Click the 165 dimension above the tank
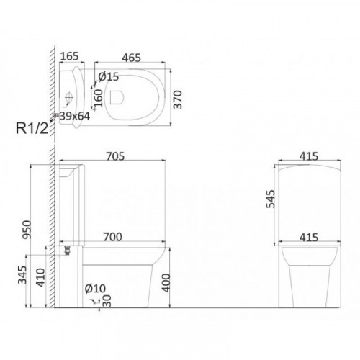[x=69, y=56]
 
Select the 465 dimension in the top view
[x=132, y=58]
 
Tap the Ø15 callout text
[x=109, y=76]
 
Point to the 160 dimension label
[x=99, y=98]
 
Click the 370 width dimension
[x=178, y=99]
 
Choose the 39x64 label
[x=75, y=116]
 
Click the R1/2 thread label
[x=32, y=128]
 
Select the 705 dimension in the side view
[x=115, y=156]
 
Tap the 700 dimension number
[x=112, y=237]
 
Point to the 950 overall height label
[x=27, y=230]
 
